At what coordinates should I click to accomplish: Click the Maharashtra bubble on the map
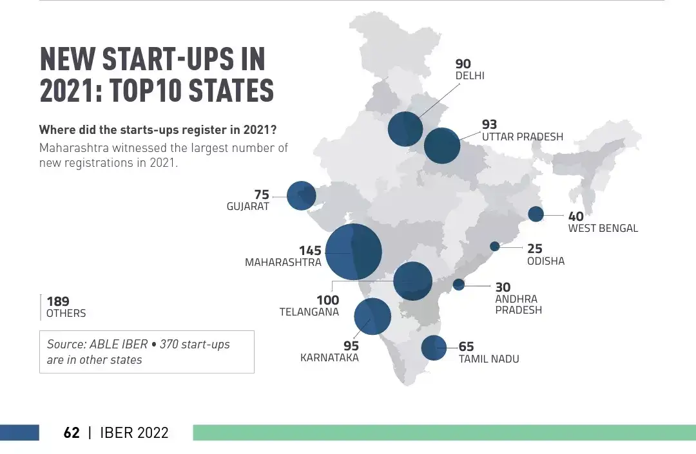click(353, 252)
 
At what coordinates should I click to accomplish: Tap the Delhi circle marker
click(405, 129)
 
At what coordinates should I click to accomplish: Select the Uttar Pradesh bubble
click(441, 145)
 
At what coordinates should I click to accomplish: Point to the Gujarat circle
click(301, 196)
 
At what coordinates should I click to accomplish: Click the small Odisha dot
click(495, 246)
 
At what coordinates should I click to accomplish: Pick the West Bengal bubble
click(536, 214)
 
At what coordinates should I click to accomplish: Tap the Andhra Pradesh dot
click(459, 285)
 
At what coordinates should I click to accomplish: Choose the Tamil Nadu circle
click(434, 348)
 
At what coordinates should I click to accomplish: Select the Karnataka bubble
click(372, 316)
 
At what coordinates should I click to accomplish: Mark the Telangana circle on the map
click(412, 281)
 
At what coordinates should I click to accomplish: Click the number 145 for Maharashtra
click(309, 250)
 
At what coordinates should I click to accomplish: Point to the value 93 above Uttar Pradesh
click(490, 124)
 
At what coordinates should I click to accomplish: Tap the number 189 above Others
click(58, 301)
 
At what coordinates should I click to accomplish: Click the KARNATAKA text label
click(329, 358)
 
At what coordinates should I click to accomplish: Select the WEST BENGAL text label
click(603, 228)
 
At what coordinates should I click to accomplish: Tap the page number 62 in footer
click(72, 433)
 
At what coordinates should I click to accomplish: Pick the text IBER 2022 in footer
click(134, 433)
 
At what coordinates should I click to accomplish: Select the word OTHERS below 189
click(66, 314)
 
